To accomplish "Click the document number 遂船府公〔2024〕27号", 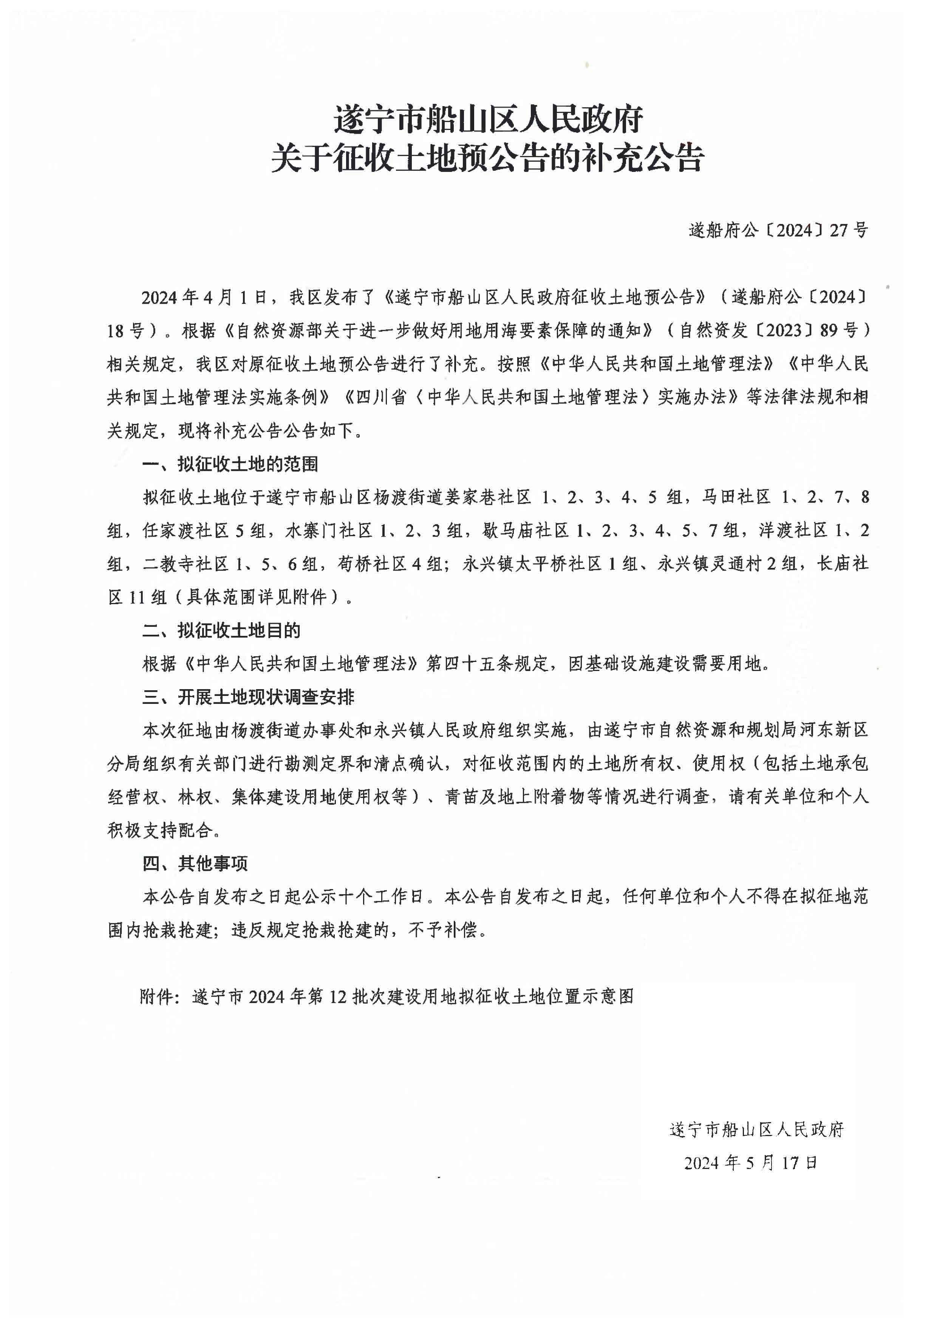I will pyautogui.click(x=778, y=230).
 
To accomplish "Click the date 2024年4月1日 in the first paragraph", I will pyautogui.click(x=205, y=298).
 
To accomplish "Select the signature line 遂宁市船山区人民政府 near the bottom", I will pyautogui.click(x=756, y=1129).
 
